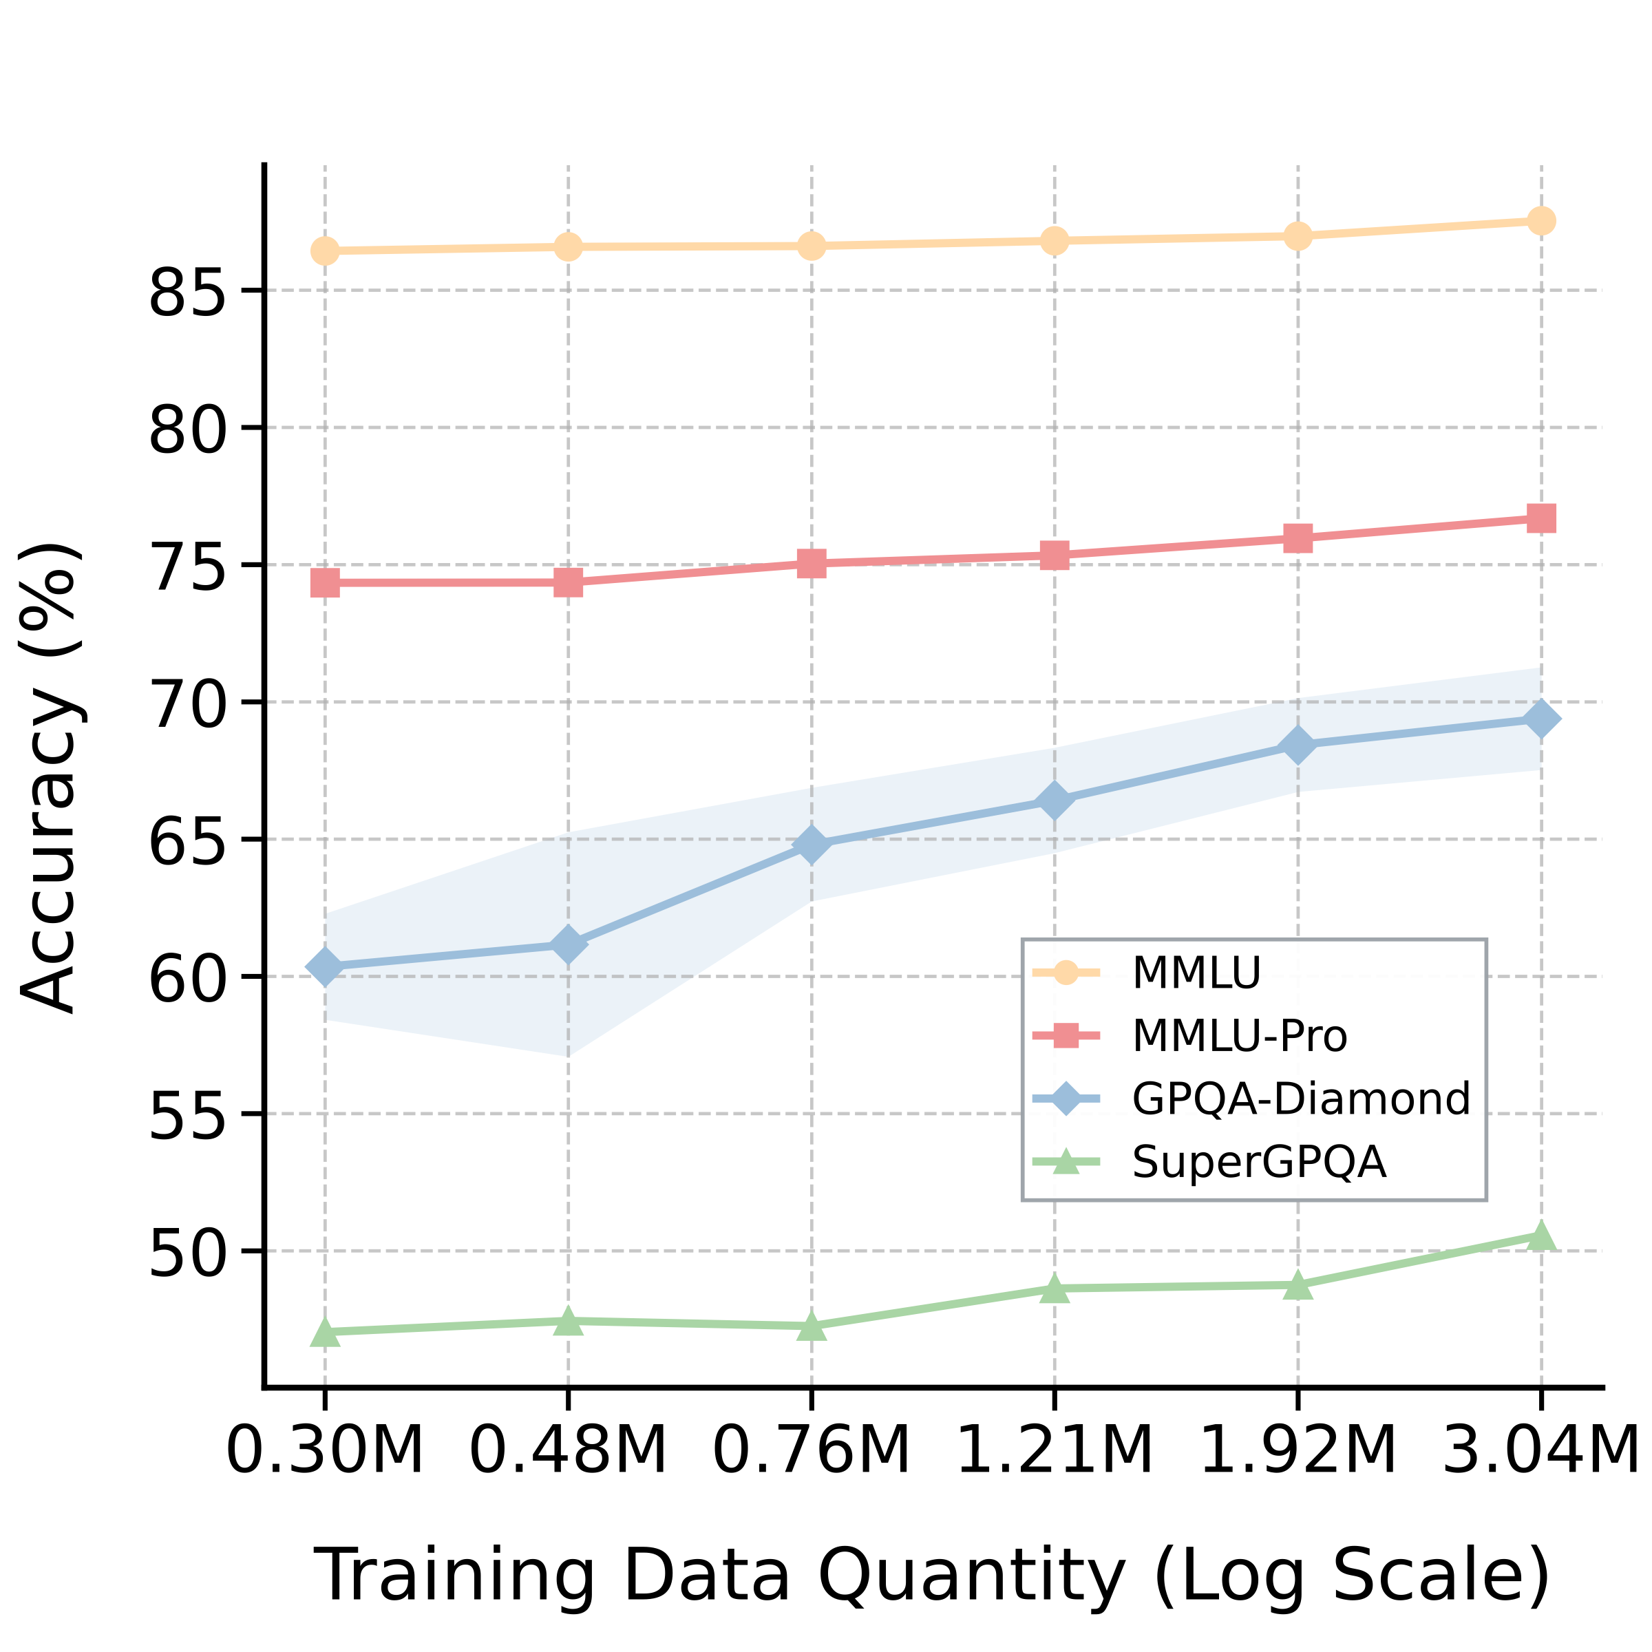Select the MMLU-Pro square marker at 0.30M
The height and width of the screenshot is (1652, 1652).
[x=325, y=583]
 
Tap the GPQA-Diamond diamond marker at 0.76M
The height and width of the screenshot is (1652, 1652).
[x=812, y=845]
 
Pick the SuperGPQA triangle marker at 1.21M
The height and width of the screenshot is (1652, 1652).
[x=1055, y=1289]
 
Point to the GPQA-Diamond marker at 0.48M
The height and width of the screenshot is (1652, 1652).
[x=569, y=944]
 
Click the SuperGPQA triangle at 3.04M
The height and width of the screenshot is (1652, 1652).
[x=1541, y=1236]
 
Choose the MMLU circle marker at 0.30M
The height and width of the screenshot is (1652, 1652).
[x=325, y=251]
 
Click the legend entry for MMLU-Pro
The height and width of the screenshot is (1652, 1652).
[x=1239, y=1035]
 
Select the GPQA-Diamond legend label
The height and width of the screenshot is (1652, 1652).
[x=1300, y=1099]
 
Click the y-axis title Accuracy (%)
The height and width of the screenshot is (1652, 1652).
[x=52, y=778]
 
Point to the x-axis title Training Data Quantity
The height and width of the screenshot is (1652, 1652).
[x=932, y=1575]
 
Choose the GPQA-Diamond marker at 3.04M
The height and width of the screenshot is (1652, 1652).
[x=1541, y=719]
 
